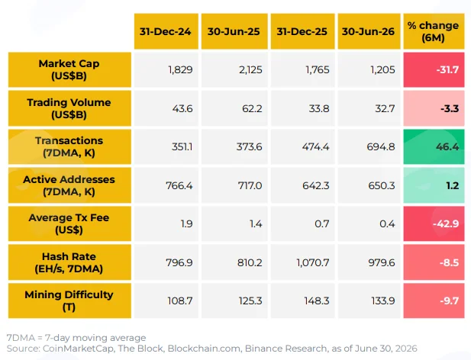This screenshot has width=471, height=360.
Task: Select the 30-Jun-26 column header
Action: [369, 31]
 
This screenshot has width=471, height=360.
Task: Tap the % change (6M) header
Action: [434, 31]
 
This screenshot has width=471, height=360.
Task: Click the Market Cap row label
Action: [69, 69]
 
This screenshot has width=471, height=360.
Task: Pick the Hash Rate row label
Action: [69, 262]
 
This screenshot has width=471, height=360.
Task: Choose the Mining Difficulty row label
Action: [69, 301]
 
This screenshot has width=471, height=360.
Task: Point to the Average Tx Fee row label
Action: [69, 223]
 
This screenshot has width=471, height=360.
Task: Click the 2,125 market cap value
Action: [250, 70]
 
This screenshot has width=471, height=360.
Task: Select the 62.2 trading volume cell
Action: [234, 108]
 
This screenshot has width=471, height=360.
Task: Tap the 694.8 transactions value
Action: [381, 146]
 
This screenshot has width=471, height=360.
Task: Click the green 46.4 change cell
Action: [434, 146]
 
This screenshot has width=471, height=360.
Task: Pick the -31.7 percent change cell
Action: [434, 69]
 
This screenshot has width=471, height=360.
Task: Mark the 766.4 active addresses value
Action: [179, 185]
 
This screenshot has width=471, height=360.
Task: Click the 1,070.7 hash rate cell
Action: [302, 262]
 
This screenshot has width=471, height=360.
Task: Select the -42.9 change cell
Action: [434, 223]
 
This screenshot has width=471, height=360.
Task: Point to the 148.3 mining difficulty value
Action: [317, 301]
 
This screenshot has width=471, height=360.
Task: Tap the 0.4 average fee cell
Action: [369, 223]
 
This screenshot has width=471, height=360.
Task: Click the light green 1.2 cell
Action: [434, 185]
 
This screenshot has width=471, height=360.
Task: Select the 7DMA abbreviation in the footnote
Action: [21, 338]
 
